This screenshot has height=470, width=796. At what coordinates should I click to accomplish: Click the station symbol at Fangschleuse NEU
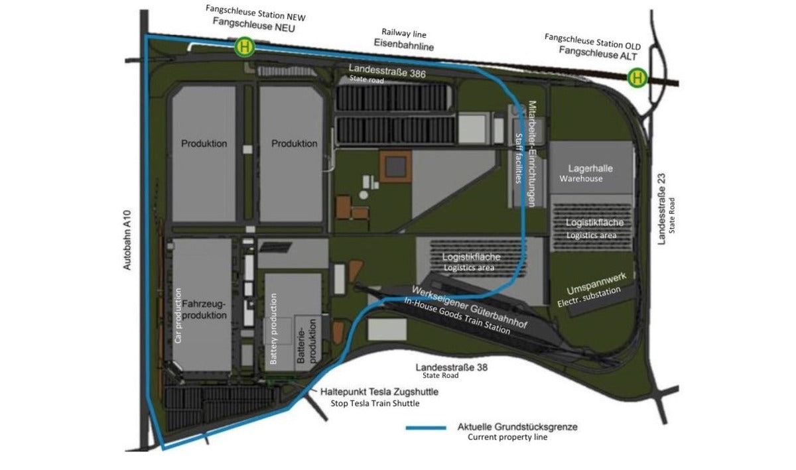point(245,47)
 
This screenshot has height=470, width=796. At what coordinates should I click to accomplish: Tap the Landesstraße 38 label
point(451,367)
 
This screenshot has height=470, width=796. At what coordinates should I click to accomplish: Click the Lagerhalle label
point(590,168)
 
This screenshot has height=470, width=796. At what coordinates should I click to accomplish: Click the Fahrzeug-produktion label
point(204,310)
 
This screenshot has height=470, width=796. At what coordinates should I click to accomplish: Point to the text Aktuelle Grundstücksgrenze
point(517,427)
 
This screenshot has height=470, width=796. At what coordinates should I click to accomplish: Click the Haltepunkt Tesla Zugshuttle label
point(379,392)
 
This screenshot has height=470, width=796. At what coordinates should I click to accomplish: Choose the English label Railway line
point(403,32)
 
